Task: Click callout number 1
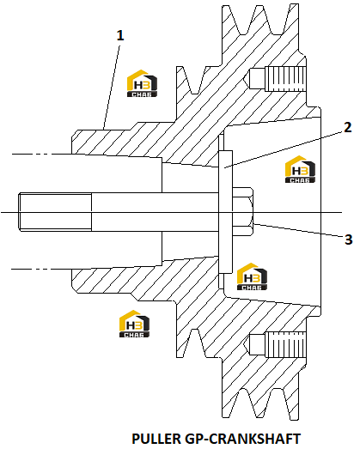click(120, 35)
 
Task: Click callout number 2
click(347, 127)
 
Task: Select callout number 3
click(348, 240)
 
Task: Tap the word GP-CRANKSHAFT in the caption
click(242, 439)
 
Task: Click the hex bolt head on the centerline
click(242, 211)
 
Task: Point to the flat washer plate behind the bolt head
click(226, 212)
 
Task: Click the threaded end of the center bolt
click(55, 212)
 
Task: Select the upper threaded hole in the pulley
click(278, 78)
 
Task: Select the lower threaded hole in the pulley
click(278, 345)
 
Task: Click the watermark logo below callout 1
click(143, 83)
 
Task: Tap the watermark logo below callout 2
click(300, 169)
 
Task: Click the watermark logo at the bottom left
click(134, 324)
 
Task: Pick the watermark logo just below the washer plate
click(252, 276)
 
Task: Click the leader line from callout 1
click(111, 87)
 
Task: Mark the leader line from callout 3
click(298, 230)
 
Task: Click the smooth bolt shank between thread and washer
click(155, 212)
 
